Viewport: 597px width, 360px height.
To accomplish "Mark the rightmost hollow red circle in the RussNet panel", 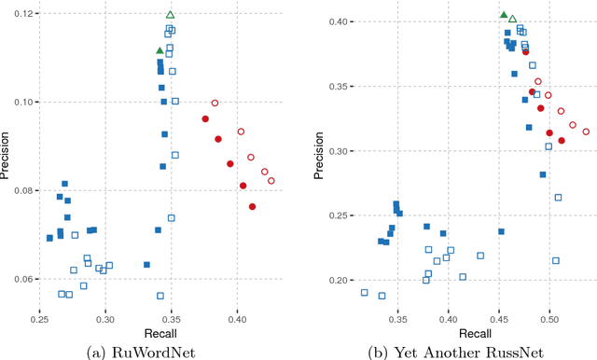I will [x=586, y=132].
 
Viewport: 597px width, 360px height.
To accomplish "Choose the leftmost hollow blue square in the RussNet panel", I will [x=364, y=293].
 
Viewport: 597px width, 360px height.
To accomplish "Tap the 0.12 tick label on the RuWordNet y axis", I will [x=21, y=13].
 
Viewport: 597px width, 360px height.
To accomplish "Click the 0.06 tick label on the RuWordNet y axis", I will [x=21, y=279].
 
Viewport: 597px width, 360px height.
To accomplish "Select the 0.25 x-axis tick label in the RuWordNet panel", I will [x=40, y=319].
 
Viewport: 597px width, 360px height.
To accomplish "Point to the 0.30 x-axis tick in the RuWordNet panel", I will [x=105, y=319].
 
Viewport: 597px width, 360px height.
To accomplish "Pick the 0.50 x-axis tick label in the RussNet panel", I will [x=548, y=319].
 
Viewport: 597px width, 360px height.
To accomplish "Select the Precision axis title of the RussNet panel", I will [x=313, y=159].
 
